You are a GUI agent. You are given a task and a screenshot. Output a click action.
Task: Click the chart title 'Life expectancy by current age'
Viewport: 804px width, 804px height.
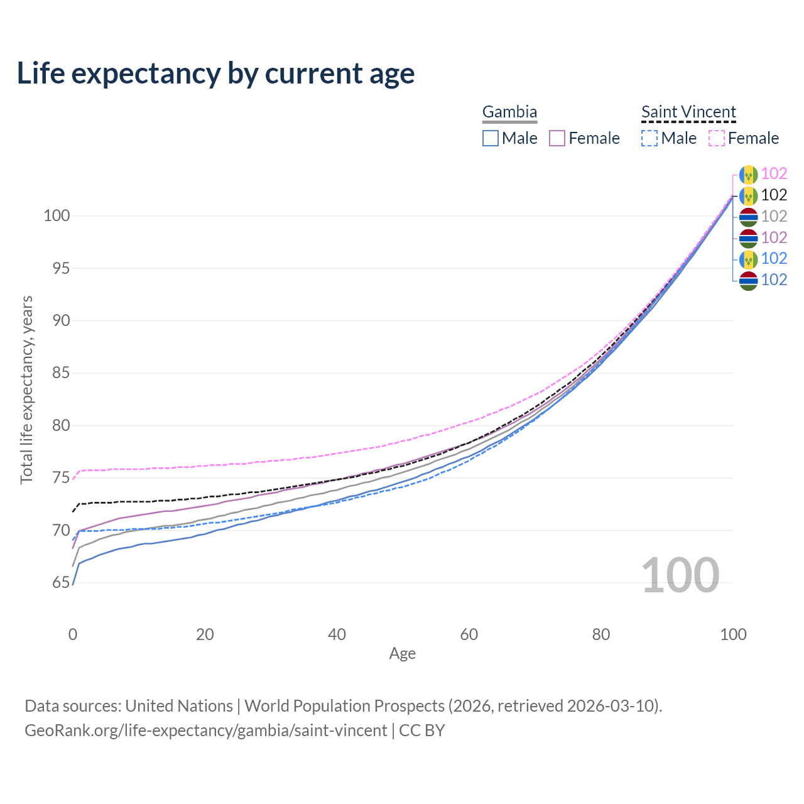(215, 73)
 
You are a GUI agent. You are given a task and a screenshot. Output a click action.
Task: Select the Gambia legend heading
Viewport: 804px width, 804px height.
(509, 112)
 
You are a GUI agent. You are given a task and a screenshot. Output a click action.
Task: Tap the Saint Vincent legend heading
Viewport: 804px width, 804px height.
(688, 112)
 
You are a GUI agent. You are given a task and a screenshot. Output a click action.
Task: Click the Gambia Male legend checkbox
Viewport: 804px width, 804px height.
(490, 138)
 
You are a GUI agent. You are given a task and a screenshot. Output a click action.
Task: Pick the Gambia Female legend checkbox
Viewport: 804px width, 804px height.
(557, 138)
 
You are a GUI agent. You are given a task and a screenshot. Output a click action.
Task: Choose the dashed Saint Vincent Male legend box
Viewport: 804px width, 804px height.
(649, 138)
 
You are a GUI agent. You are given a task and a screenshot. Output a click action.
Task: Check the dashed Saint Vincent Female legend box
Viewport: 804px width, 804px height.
(717, 138)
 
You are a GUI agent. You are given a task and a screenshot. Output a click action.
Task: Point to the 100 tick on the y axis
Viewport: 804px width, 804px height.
(57, 215)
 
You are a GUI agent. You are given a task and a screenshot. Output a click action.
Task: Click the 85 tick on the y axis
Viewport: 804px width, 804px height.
(61, 372)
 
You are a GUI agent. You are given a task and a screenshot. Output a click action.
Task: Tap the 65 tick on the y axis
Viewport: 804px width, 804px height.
(61, 582)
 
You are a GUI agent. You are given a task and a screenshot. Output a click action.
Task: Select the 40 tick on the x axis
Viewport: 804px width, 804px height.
(337, 634)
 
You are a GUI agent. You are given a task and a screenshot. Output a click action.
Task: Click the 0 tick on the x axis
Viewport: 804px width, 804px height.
(73, 634)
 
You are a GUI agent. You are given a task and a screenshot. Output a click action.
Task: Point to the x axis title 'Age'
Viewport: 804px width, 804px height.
(402, 654)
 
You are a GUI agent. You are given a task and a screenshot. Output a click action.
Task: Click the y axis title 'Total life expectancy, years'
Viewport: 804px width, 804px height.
(26, 390)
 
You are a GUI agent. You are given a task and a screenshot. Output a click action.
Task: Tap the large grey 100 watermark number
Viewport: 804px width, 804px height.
(680, 575)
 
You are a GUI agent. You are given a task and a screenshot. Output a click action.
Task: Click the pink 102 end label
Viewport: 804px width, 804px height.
(774, 173)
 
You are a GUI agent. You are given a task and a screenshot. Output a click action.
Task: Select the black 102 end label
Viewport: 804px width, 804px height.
(774, 195)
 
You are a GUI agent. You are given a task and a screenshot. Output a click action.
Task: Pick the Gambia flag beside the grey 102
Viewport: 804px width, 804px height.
(749, 217)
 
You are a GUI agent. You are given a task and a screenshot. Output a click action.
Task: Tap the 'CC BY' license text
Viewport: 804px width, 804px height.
(422, 731)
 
